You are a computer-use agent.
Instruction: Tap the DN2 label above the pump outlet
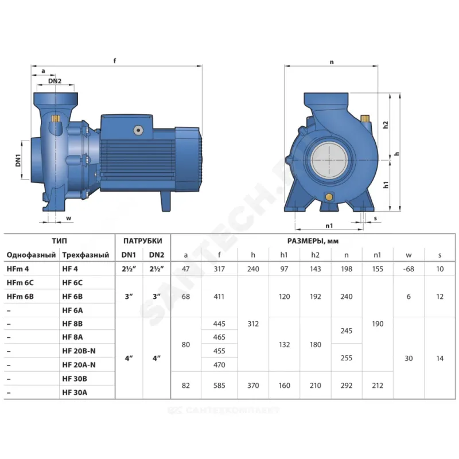55,81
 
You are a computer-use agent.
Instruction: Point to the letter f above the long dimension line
115,61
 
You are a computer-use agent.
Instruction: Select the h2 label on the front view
386,125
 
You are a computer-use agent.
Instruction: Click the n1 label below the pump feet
329,225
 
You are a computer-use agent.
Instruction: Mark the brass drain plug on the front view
329,196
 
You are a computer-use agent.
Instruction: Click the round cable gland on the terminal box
138,130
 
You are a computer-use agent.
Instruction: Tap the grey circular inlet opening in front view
329,160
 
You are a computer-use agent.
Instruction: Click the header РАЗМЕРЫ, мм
313,241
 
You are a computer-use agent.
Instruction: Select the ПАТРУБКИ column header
142,241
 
